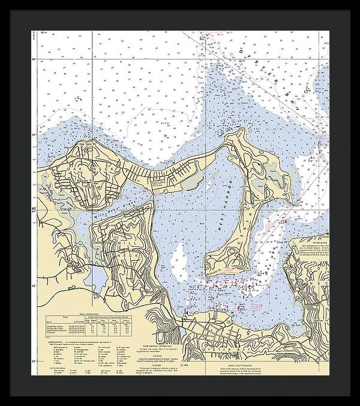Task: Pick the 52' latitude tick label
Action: click(x=35, y=360)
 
